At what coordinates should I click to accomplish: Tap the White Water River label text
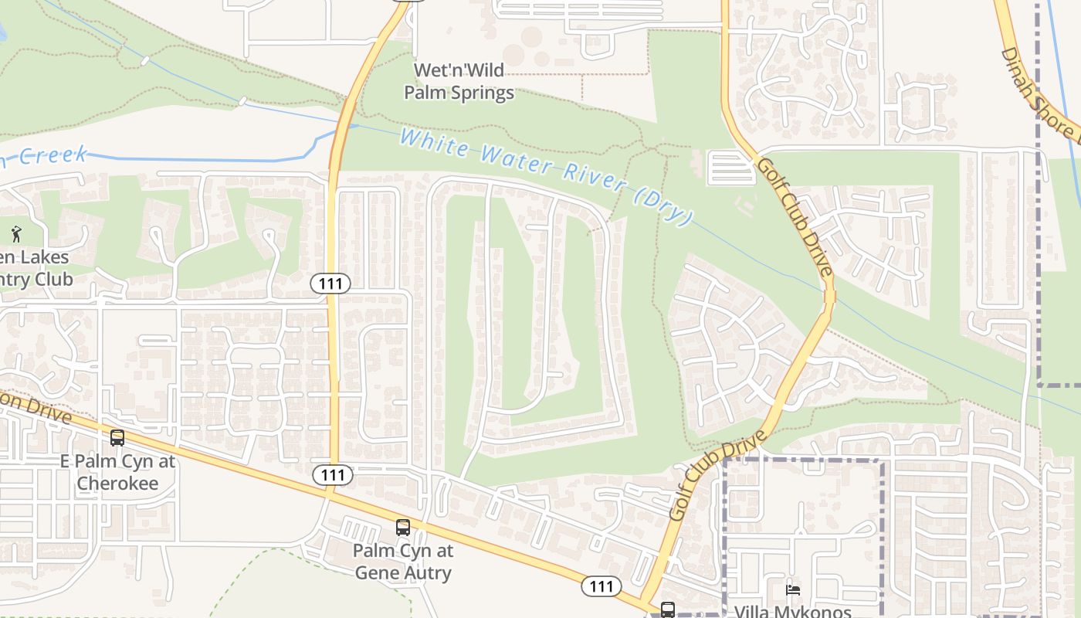pyautogui.click(x=544, y=174)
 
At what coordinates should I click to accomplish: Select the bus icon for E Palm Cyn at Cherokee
pyautogui.click(x=117, y=438)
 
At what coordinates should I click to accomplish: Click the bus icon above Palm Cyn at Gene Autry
pyautogui.click(x=403, y=528)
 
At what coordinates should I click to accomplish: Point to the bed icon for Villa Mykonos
pyautogui.click(x=793, y=591)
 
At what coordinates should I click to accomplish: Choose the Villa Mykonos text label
pyautogui.click(x=782, y=611)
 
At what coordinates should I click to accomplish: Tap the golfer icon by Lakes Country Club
pyautogui.click(x=16, y=233)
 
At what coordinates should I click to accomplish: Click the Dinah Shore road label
pyautogui.click(x=1039, y=93)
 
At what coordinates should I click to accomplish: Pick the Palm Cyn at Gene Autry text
pyautogui.click(x=403, y=562)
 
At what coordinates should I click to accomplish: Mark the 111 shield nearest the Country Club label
pyautogui.click(x=330, y=284)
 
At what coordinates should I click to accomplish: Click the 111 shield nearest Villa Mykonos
pyautogui.click(x=601, y=586)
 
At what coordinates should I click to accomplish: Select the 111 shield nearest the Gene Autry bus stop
pyautogui.click(x=332, y=474)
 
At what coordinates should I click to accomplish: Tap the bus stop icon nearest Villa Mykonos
pyautogui.click(x=668, y=610)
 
